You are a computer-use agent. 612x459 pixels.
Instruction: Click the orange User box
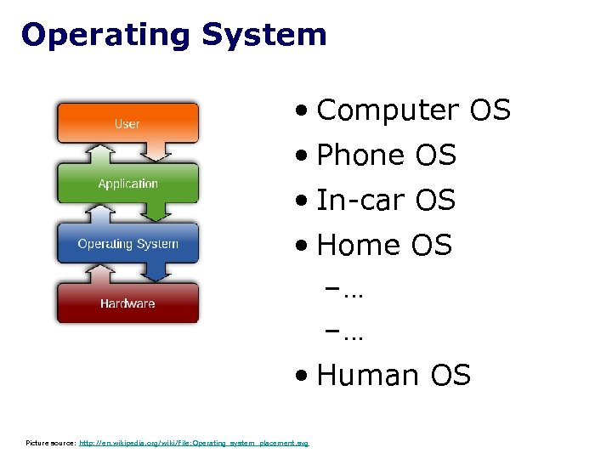click(x=127, y=123)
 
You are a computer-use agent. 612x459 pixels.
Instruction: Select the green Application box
click(x=127, y=184)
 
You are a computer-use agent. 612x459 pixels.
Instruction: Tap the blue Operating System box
click(x=127, y=244)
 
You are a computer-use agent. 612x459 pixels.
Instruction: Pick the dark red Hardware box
click(x=127, y=303)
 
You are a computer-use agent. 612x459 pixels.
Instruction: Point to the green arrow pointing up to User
click(x=100, y=153)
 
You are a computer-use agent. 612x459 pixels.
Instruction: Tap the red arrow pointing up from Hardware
click(x=100, y=274)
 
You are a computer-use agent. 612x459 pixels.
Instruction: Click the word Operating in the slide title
click(x=105, y=35)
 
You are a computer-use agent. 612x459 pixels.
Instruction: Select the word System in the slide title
click(x=263, y=35)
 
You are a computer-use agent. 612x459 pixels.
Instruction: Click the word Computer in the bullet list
click(x=387, y=110)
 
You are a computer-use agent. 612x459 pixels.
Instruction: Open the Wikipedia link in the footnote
click(x=194, y=443)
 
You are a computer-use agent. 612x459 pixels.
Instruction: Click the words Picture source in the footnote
click(x=50, y=443)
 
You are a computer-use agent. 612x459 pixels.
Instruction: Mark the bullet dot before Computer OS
click(x=303, y=111)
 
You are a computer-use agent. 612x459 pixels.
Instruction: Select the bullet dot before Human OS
click(x=303, y=377)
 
